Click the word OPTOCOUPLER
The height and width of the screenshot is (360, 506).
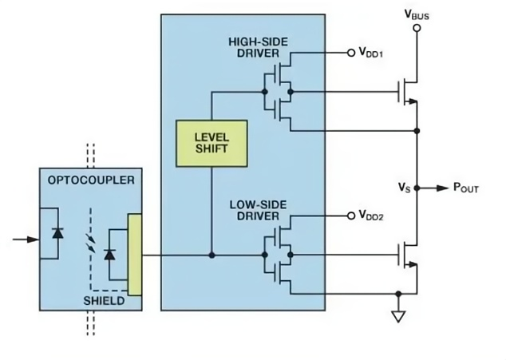85,180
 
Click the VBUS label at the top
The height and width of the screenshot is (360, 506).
417,14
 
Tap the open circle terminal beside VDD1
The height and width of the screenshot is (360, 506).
350,53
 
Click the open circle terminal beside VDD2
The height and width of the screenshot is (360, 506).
350,216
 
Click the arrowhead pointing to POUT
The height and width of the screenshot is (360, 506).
443,188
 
